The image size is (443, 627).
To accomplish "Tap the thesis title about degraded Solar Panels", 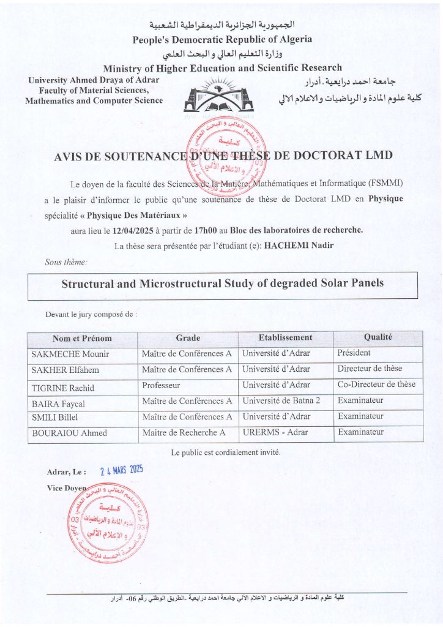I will [x=223, y=284].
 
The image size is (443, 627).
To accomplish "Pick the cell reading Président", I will [x=354, y=353].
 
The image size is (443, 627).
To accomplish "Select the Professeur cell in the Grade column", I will [x=162, y=386].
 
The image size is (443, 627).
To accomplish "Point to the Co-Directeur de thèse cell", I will [x=376, y=385].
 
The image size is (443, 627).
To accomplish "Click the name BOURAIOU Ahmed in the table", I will [x=69, y=434].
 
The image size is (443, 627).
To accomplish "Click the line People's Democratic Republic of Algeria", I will [x=222, y=39].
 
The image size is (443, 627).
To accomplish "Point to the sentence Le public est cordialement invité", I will [x=226, y=452].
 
